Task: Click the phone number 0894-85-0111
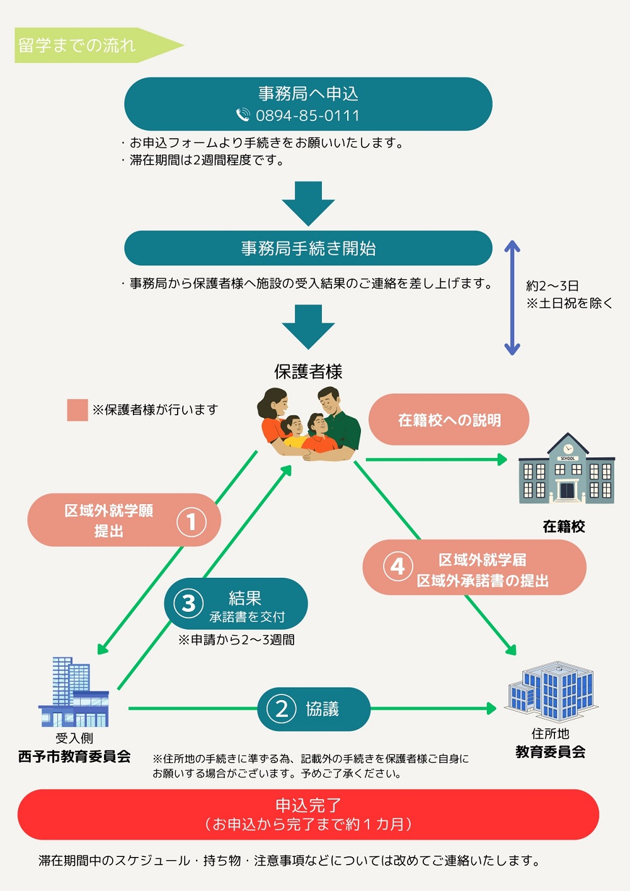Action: click(x=307, y=115)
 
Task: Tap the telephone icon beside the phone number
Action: click(x=243, y=115)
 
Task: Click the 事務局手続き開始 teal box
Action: click(x=308, y=248)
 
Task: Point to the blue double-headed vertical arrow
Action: click(x=512, y=297)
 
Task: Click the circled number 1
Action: click(x=191, y=522)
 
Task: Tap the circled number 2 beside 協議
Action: click(x=282, y=709)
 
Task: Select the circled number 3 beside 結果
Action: click(x=188, y=603)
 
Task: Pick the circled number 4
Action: click(x=398, y=566)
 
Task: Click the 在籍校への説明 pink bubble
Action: click(x=449, y=420)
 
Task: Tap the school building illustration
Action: click(x=566, y=470)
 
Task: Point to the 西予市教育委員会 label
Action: click(x=74, y=756)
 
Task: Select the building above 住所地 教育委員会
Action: click(x=551, y=691)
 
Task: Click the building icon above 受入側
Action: click(x=74, y=693)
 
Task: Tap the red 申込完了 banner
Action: click(x=308, y=814)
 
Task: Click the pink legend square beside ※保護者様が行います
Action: click(x=77, y=410)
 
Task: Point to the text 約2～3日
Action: click(x=553, y=286)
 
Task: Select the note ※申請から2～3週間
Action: click(x=236, y=640)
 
